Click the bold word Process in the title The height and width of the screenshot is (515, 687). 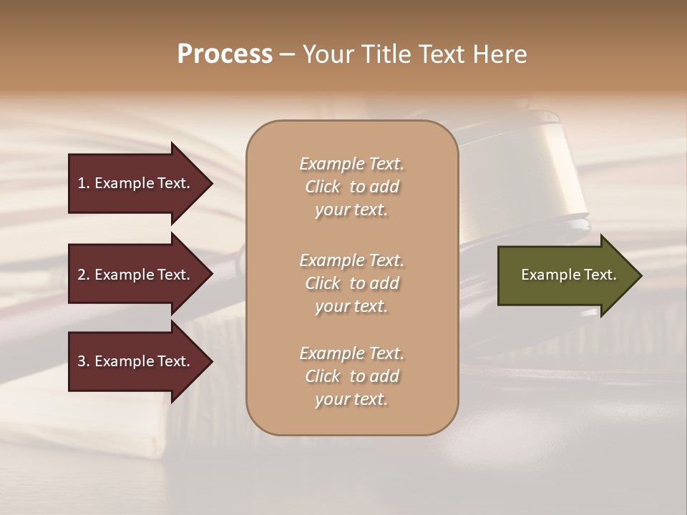(225, 54)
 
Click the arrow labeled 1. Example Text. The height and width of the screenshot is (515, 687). (134, 183)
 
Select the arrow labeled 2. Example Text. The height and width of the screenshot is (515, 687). (134, 275)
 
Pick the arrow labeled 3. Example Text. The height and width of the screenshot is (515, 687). (134, 361)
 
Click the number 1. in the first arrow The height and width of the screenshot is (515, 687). (84, 183)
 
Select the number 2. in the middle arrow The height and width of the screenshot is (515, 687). (84, 275)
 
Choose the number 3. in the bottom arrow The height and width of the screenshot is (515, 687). (84, 361)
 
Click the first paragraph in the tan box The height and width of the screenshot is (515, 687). (351, 187)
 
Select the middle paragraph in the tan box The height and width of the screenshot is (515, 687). (351, 283)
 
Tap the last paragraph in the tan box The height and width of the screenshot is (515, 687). (351, 376)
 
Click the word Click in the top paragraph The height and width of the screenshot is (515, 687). (323, 187)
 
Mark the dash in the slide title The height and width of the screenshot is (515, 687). (287, 55)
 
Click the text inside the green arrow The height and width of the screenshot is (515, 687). (568, 275)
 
